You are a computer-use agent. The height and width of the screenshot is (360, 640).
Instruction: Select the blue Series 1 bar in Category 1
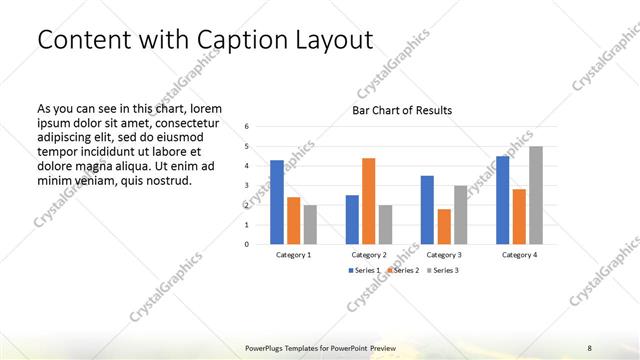point(277,202)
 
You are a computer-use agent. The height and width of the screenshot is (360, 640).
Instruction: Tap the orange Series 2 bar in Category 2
point(369,201)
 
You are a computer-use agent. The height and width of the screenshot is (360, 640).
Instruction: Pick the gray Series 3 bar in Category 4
point(536,195)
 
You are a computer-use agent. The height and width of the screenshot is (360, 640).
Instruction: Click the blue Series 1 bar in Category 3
point(427,210)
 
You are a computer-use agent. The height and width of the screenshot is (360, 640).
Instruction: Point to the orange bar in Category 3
point(444,226)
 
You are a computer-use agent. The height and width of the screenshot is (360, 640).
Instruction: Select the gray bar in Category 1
point(310,224)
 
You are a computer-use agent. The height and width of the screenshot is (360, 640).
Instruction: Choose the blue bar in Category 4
point(503,200)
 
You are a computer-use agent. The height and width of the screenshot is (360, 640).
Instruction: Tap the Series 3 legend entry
point(444,271)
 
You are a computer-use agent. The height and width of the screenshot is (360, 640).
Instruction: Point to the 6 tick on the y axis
point(248,127)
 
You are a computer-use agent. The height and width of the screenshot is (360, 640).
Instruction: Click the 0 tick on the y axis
point(248,244)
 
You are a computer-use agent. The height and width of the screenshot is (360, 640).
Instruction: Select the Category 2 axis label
point(369,255)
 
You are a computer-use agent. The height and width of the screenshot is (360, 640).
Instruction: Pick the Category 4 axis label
point(519,255)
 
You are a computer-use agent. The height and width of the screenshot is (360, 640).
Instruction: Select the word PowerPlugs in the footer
point(268,347)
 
